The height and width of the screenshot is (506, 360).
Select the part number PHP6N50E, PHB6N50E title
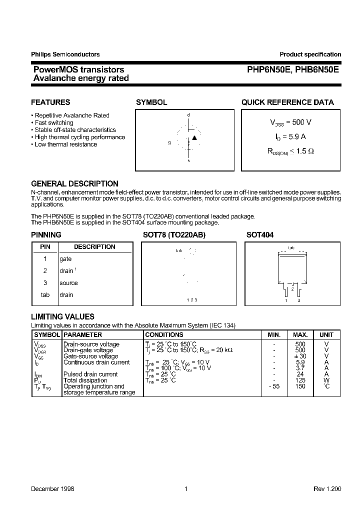click(293, 70)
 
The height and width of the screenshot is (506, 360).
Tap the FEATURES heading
click(50, 102)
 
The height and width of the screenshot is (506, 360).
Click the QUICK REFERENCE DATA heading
click(287, 102)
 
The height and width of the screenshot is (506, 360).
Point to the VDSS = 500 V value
click(290, 122)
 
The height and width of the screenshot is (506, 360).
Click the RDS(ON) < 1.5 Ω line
click(290, 150)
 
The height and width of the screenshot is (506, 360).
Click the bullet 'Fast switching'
click(53, 122)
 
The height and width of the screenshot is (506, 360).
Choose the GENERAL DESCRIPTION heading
click(74, 183)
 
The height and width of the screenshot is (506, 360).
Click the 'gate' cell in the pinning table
click(65, 259)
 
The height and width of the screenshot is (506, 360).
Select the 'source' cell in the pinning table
click(68, 283)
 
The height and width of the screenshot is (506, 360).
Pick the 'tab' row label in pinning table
click(45, 295)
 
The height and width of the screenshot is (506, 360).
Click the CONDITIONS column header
click(164, 334)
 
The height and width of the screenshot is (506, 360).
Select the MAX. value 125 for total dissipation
click(300, 380)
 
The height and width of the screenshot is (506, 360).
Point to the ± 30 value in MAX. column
click(300, 356)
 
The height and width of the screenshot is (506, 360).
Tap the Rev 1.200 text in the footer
click(327, 489)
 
